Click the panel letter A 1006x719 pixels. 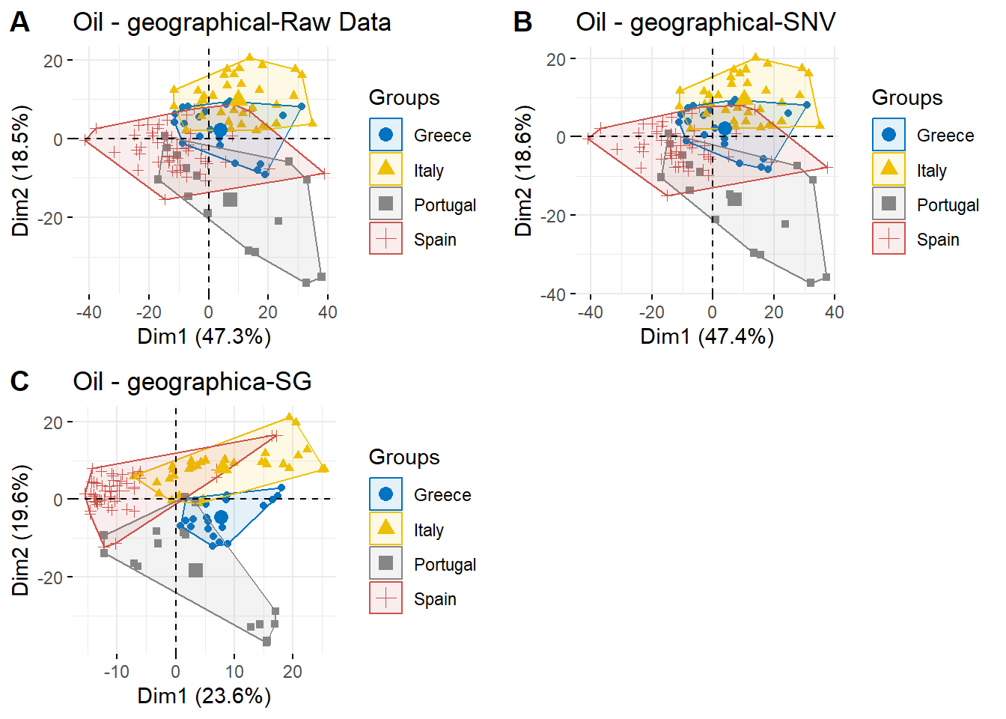pyautogui.click(x=20, y=22)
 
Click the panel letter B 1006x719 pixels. pyautogui.click(x=522, y=22)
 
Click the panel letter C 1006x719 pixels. pyautogui.click(x=20, y=382)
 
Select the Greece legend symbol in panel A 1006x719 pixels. pyautogui.click(x=385, y=135)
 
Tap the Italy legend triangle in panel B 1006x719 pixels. pyautogui.click(x=888, y=169)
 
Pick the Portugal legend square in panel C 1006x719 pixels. pyautogui.click(x=385, y=563)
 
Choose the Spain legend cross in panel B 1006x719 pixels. pyautogui.click(x=888, y=239)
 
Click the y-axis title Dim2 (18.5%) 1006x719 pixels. pyautogui.click(x=21, y=171)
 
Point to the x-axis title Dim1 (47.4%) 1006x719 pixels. pyautogui.click(x=707, y=336)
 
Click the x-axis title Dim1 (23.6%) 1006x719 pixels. pyautogui.click(x=204, y=696)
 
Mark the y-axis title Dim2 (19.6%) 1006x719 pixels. pyautogui.click(x=21, y=530)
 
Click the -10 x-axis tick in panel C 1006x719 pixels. pyautogui.click(x=116, y=672)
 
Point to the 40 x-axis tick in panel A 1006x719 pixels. pyautogui.click(x=327, y=312)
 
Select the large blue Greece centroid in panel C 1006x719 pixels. pyautogui.click(x=221, y=518)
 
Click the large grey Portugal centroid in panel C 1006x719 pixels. pyautogui.click(x=195, y=571)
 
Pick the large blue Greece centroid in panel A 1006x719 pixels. pyautogui.click(x=220, y=130)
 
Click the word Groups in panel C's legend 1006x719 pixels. pyautogui.click(x=404, y=457)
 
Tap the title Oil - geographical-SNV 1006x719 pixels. pyautogui.click(x=705, y=22)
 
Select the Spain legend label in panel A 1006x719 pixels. pyautogui.click(x=435, y=240)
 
